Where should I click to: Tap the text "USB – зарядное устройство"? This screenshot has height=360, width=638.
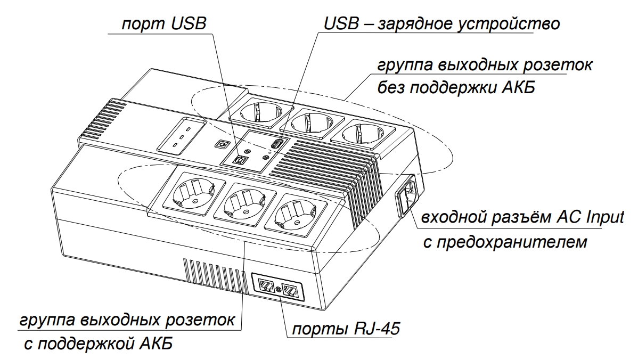pyautogui.click(x=441, y=24)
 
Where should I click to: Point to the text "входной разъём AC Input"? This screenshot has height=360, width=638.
pyautogui.click(x=522, y=219)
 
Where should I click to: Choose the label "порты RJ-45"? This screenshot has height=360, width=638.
pyautogui.click(x=343, y=329)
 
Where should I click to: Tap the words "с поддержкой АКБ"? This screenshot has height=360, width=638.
pyautogui.click(x=99, y=343)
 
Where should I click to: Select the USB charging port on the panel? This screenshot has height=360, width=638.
pyautogui.click(x=277, y=144)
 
